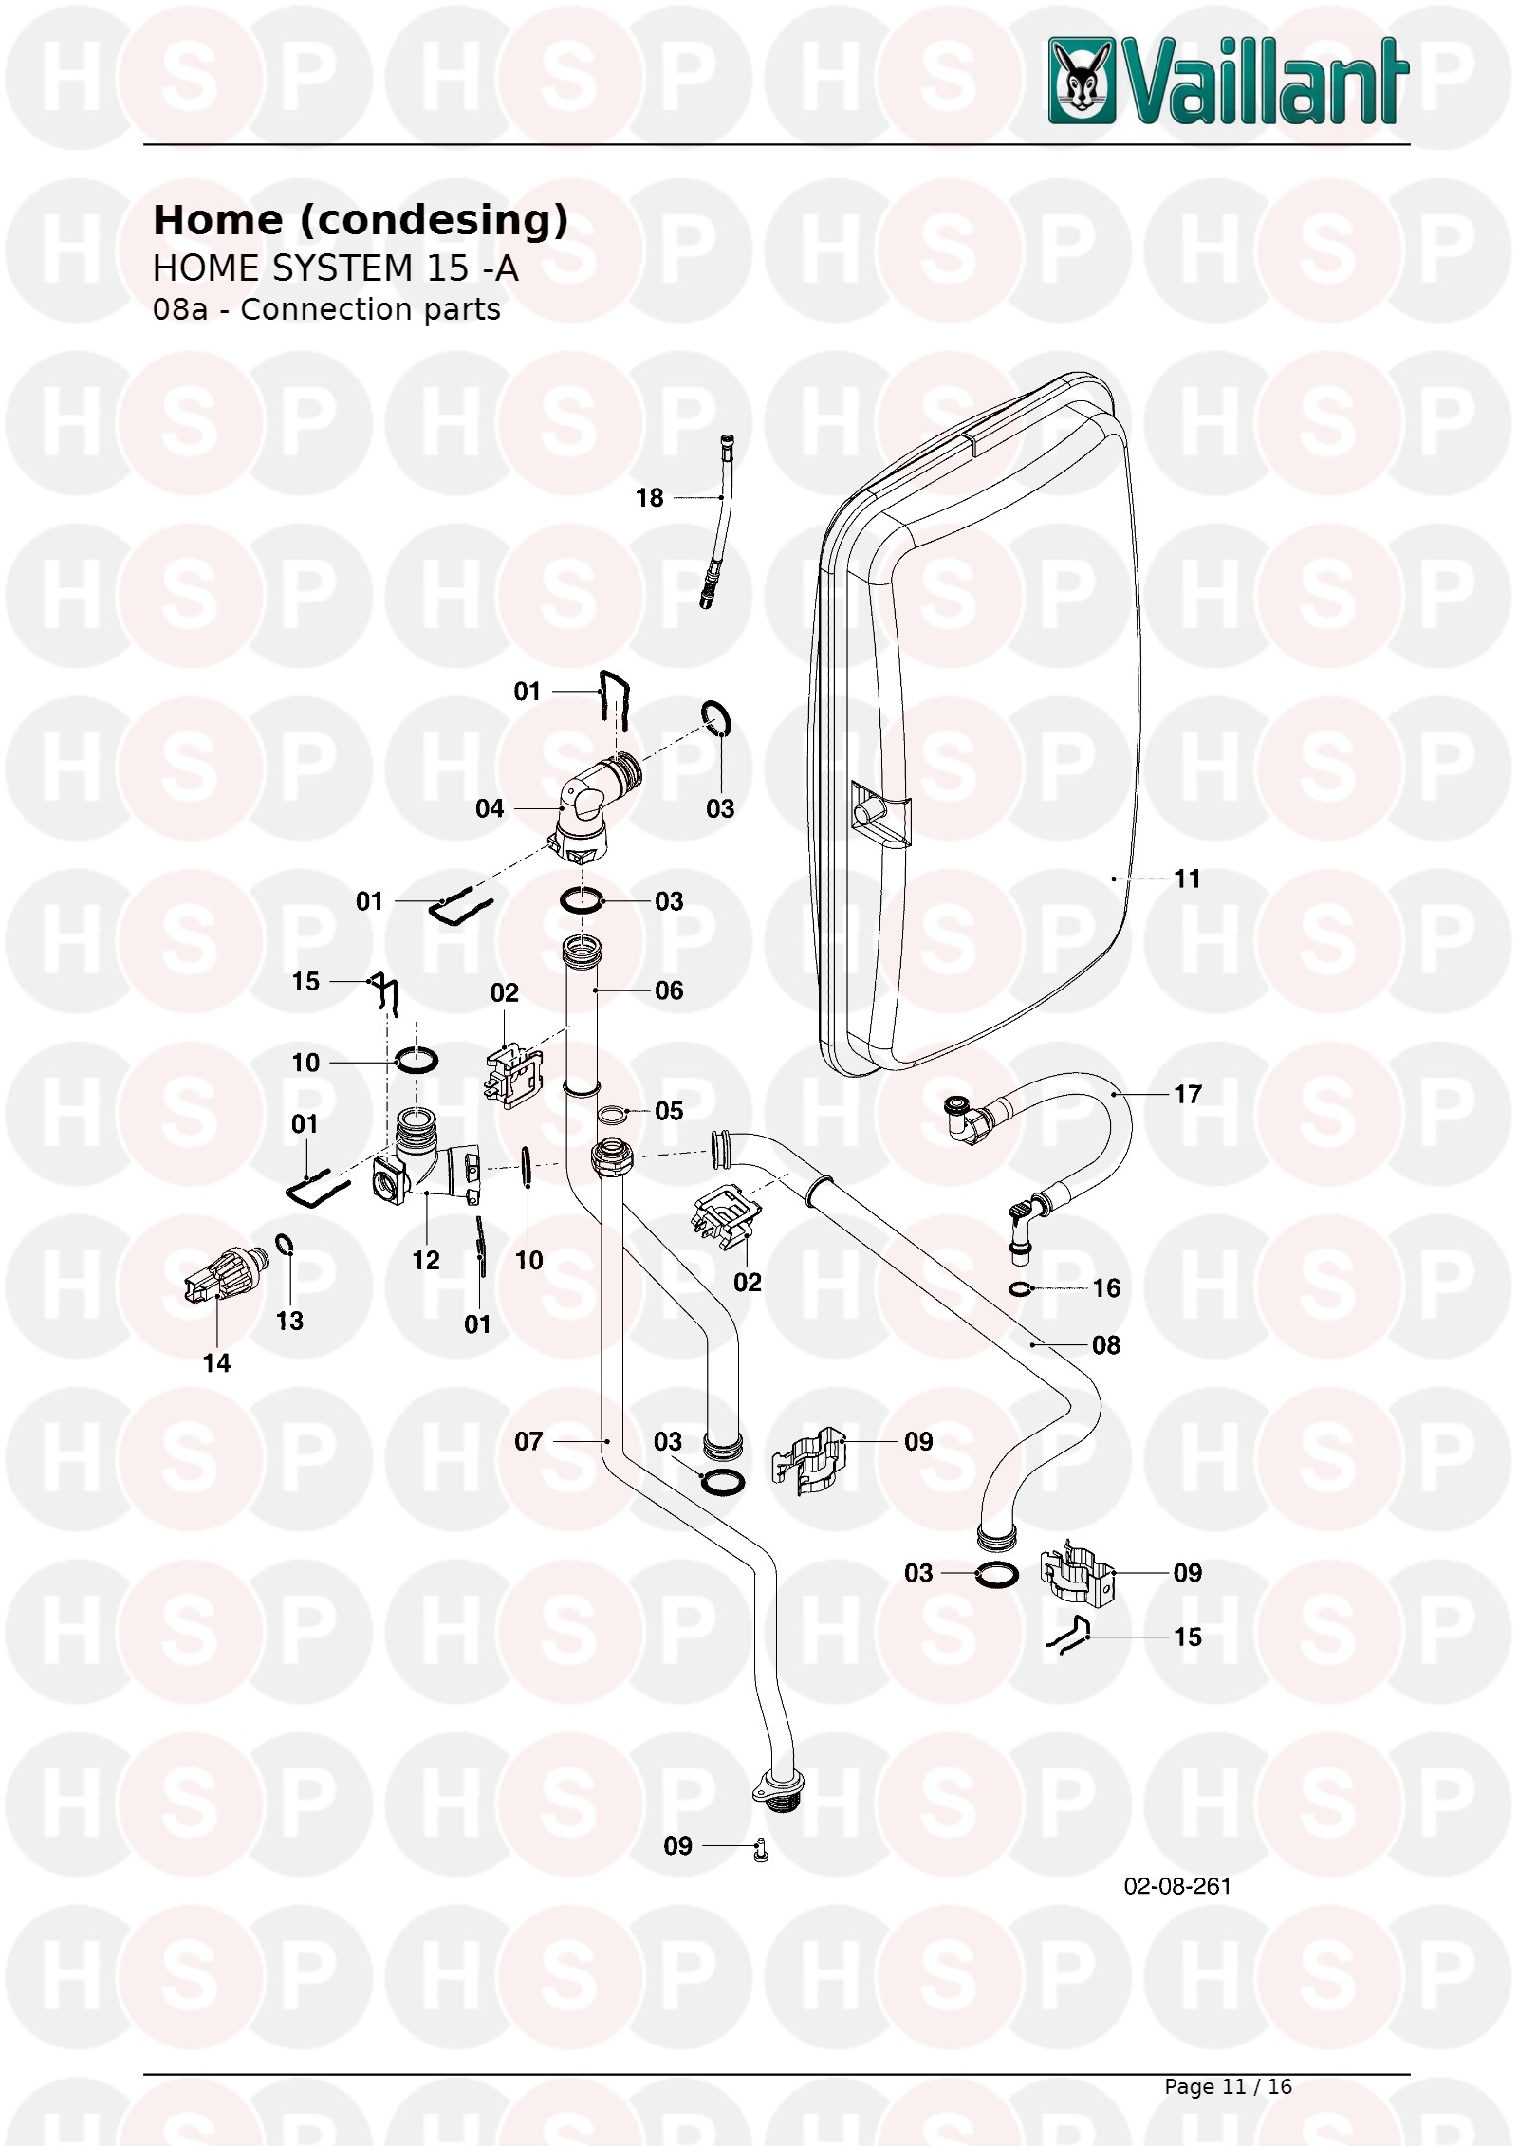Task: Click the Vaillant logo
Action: coord(1229,81)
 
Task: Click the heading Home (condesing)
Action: coord(361,220)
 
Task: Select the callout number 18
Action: coord(649,498)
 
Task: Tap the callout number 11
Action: coord(1187,879)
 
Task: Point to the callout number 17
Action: coord(1187,1094)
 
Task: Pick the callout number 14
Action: coord(216,1363)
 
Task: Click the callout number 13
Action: coord(289,1321)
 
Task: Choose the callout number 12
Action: coord(426,1260)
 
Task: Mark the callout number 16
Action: coord(1106,1287)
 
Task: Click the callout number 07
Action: coord(528,1441)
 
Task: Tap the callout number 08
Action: coord(1106,1344)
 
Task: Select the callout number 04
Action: coord(490,808)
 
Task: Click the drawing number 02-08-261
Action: coord(1177,1885)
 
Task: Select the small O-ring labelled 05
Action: coord(613,1112)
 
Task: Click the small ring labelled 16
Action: coord(1021,1287)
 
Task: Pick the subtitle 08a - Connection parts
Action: coord(326,310)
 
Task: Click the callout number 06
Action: coord(669,990)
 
